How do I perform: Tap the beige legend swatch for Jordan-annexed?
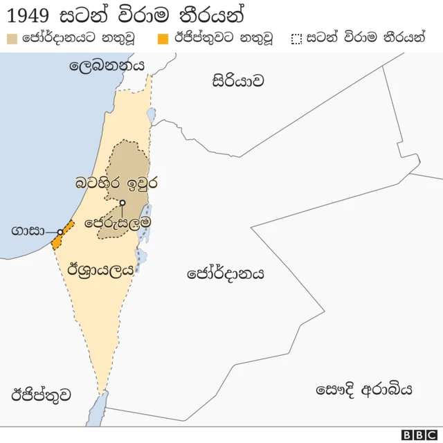12,38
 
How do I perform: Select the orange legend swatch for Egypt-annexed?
163,38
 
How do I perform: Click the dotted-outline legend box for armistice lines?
298,38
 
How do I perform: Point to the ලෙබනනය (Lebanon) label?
107,66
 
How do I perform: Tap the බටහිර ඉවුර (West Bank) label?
117,183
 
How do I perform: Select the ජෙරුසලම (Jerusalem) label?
118,222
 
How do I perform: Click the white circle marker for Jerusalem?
122,203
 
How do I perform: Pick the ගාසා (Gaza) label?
28,231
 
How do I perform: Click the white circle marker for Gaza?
60,232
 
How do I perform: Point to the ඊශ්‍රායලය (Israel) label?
100,271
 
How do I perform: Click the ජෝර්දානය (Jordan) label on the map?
226,273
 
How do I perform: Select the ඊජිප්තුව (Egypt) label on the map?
41,395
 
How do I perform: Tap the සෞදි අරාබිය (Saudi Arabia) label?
364,389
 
